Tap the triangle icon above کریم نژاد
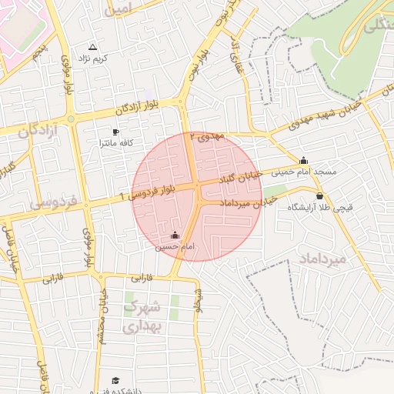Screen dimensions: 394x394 93,47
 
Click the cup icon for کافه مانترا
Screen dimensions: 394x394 116,132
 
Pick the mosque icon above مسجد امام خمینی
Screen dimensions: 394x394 303,161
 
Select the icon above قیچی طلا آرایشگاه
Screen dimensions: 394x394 319,196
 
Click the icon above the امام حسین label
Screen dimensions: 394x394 175,235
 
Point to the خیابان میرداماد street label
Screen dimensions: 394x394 248,202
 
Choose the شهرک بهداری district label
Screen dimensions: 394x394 143,316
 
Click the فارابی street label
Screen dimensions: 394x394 143,276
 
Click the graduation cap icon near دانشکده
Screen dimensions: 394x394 116,380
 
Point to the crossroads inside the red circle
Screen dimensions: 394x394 198,185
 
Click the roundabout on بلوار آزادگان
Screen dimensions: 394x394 71,119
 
